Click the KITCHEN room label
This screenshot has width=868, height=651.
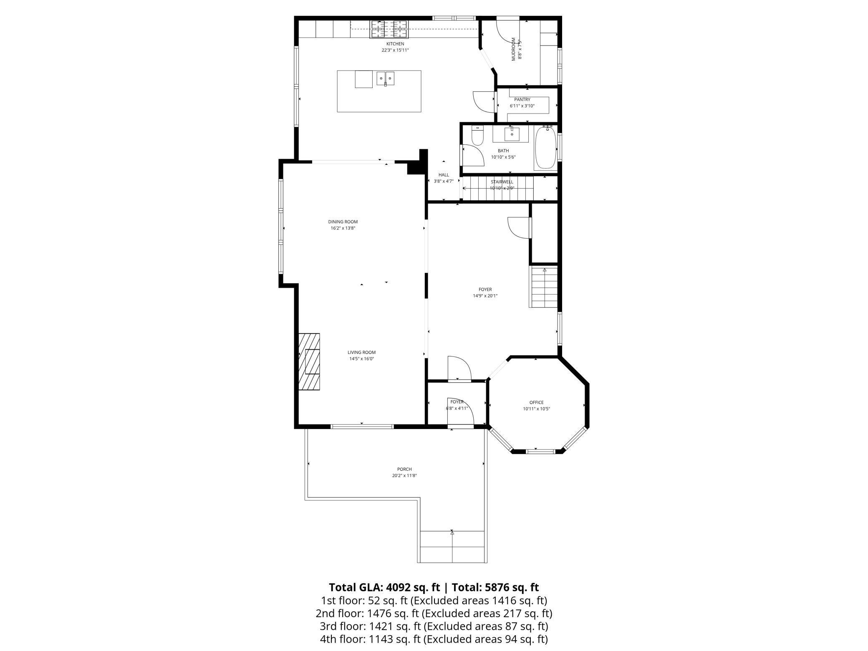[395, 44]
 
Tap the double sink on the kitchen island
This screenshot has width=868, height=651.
[386, 78]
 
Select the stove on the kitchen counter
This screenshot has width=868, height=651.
[389, 30]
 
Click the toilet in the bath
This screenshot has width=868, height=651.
[477, 135]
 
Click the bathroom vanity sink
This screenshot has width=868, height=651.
[512, 134]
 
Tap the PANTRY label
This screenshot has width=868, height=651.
[522, 100]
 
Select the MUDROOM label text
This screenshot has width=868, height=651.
[514, 49]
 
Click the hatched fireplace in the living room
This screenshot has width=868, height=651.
[309, 361]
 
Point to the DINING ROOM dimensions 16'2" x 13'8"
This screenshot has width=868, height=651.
[343, 228]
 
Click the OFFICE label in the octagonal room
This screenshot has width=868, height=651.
[536, 402]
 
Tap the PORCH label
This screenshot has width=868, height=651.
[404, 469]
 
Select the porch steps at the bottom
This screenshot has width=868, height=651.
[452, 547]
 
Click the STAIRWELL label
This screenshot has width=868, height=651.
[502, 182]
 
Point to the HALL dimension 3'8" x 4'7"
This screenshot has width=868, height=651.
[444, 181]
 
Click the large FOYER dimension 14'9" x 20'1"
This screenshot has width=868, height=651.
[485, 296]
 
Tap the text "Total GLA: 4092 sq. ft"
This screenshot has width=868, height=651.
[384, 588]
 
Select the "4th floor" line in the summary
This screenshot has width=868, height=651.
[434, 639]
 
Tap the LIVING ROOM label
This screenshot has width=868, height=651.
[361, 352]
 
